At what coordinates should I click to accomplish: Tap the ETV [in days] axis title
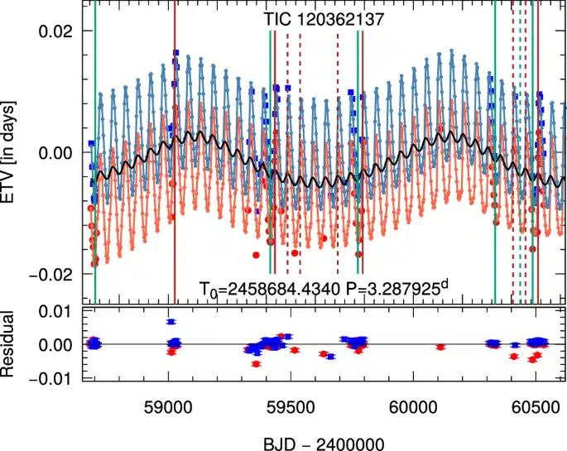[17, 151]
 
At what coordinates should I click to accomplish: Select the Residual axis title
[17, 344]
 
